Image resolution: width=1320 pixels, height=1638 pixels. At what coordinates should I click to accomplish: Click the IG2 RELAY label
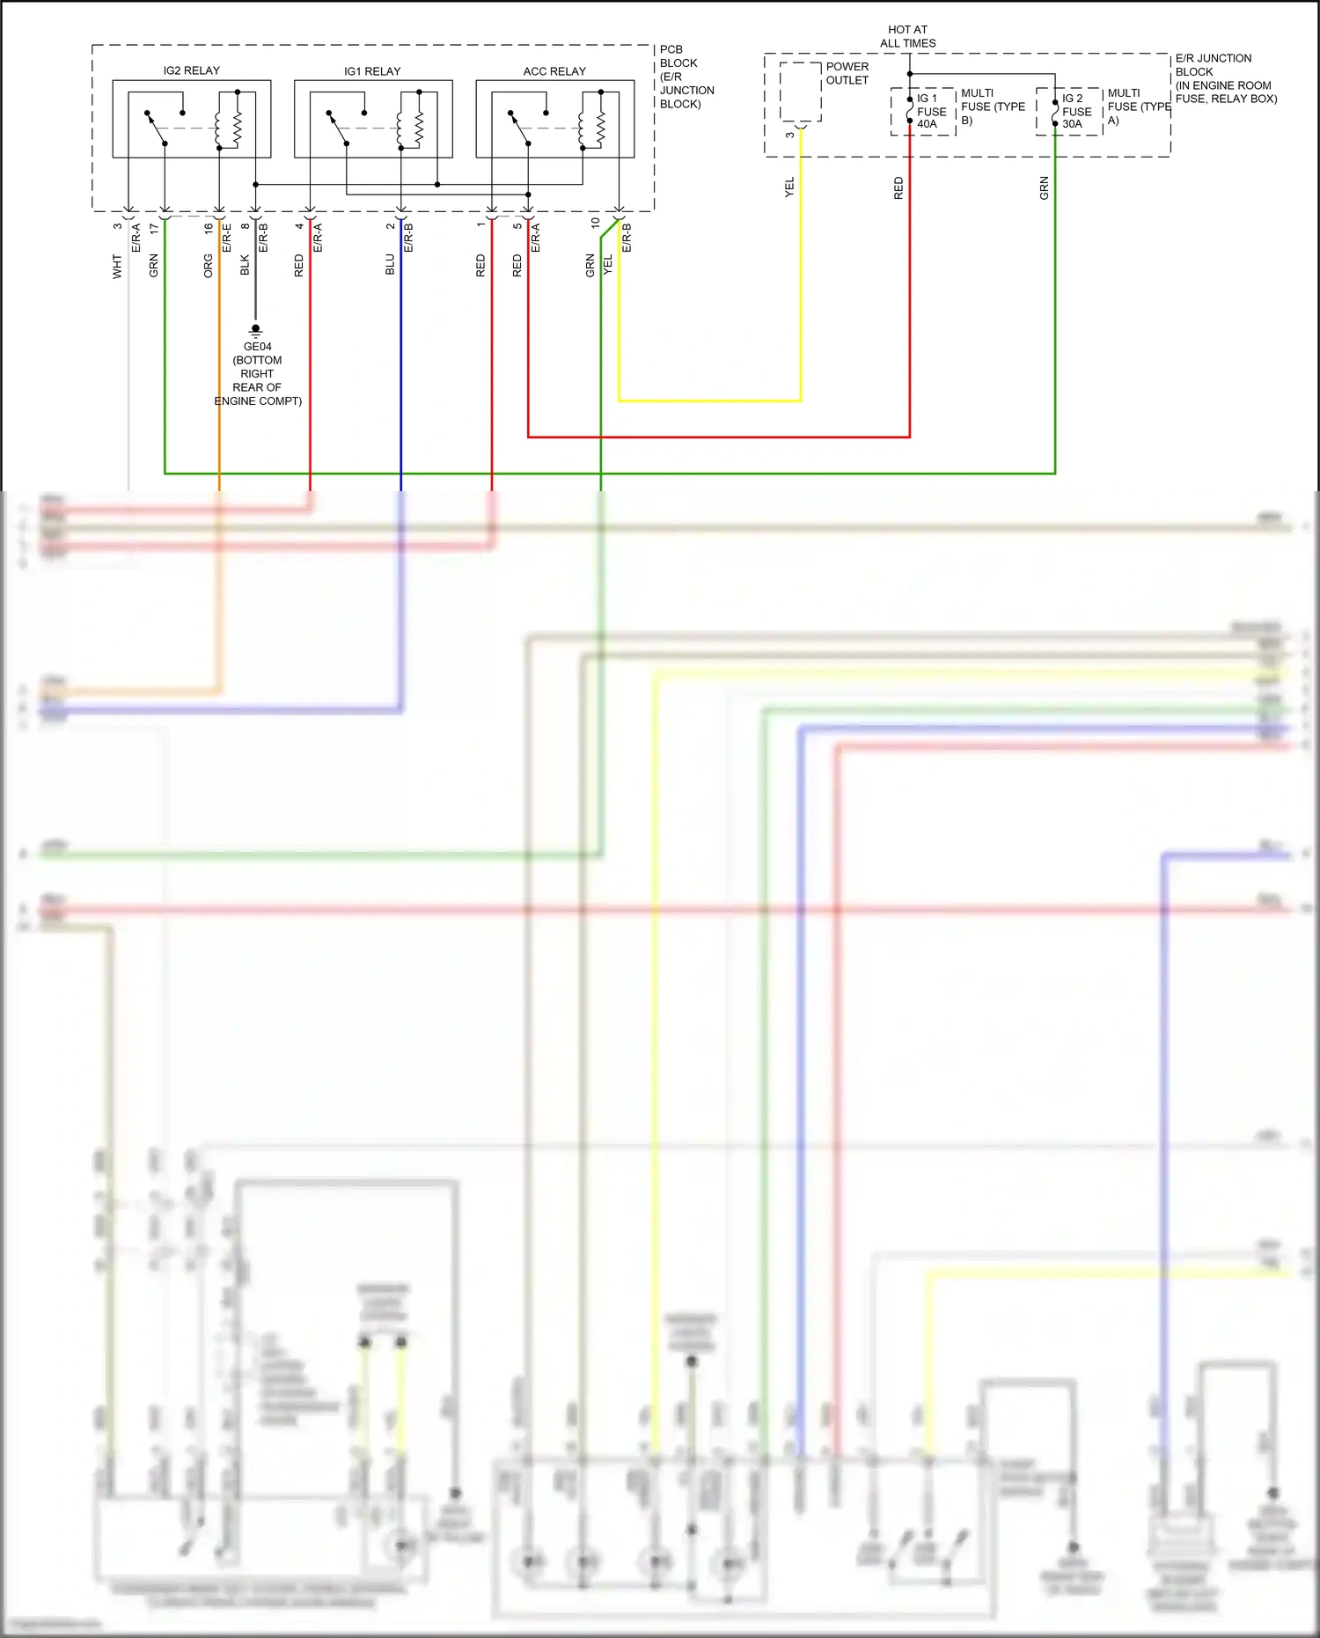tap(191, 70)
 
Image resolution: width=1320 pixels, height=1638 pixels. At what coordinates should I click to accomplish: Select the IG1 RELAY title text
tap(372, 71)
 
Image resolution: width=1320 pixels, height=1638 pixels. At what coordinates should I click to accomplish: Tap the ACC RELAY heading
tap(554, 71)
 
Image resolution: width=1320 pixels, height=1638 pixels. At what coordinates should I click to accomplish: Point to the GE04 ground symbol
tap(256, 331)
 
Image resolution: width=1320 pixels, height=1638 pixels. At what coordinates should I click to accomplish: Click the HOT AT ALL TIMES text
tap(908, 36)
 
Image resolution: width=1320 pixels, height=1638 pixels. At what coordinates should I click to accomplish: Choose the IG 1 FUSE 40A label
tap(931, 112)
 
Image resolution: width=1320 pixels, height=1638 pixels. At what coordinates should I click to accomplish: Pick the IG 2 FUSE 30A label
tap(1076, 112)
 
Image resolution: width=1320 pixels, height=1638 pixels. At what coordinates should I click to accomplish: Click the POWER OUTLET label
tap(847, 73)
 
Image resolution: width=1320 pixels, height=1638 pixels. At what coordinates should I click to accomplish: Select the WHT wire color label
tap(117, 267)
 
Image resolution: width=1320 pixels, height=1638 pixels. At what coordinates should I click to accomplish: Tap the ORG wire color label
tap(209, 266)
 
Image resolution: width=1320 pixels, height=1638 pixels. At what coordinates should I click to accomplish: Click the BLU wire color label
tap(390, 265)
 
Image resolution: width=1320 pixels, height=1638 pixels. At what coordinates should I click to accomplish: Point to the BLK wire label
tap(245, 266)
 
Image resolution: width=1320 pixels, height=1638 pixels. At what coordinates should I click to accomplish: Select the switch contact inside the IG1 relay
tap(339, 128)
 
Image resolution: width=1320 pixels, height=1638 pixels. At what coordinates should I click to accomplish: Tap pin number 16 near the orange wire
tap(209, 228)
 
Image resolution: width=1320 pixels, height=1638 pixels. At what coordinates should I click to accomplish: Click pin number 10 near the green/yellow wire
tap(596, 224)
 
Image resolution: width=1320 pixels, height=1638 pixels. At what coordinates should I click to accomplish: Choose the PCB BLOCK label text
tap(686, 77)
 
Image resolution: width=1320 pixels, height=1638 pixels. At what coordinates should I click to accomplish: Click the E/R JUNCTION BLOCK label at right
tap(1225, 78)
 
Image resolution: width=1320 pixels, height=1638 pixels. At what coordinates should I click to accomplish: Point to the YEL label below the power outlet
tap(789, 187)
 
